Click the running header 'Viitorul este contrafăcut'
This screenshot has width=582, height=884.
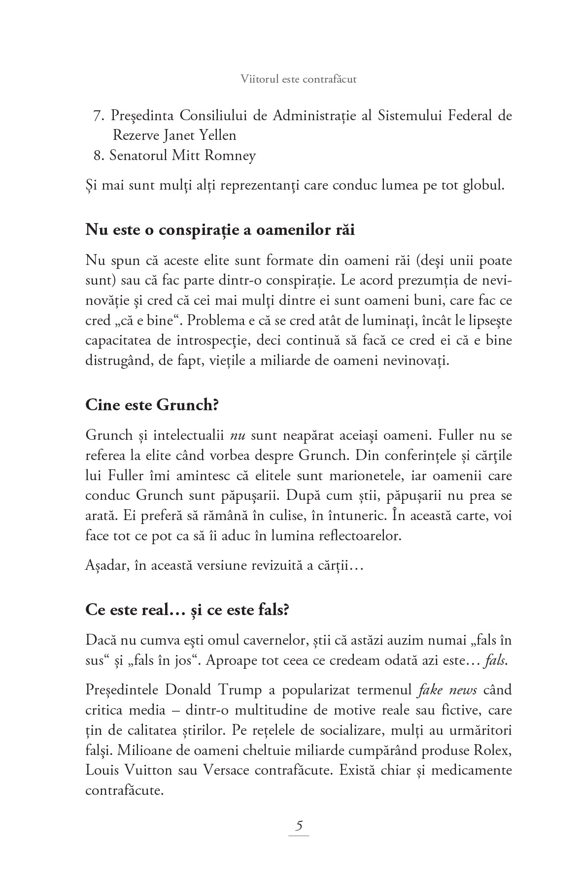[x=299, y=79]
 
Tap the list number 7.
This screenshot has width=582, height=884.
[x=97, y=116]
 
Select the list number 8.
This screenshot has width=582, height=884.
[x=97, y=156]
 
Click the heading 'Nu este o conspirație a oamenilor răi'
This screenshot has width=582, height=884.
[x=220, y=230]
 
